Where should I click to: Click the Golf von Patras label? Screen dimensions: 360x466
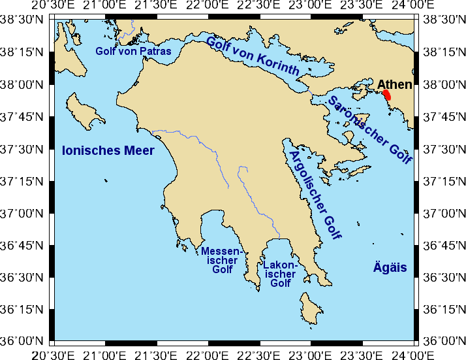[133, 51]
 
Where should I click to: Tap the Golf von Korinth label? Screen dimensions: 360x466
[253, 56]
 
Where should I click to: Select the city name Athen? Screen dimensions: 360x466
[394, 84]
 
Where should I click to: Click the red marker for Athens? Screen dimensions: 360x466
[387, 95]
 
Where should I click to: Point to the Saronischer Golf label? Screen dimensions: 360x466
[370, 130]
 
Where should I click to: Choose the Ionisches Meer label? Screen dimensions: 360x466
[108, 151]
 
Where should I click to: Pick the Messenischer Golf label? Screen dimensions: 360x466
[222, 260]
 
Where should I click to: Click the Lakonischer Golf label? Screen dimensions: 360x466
[281, 274]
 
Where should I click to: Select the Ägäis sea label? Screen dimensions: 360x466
[390, 267]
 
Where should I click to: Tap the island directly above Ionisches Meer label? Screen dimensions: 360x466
[85, 110]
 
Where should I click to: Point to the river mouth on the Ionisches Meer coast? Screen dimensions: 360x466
[152, 131]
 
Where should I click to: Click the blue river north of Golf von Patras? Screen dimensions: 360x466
[133, 29]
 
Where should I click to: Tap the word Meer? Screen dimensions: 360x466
[140, 151]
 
